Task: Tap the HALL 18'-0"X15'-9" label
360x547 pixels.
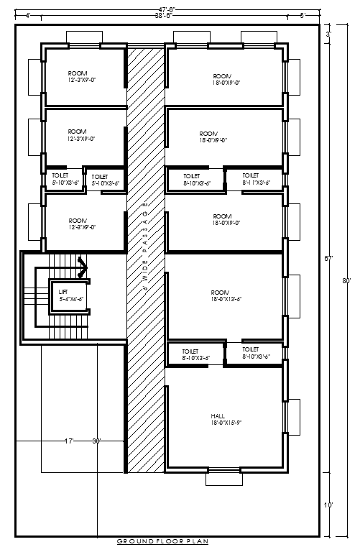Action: click(x=221, y=420)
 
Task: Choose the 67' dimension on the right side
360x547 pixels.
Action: click(x=328, y=257)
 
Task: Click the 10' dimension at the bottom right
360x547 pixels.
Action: click(x=328, y=505)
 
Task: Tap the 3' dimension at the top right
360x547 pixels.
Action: click(x=328, y=34)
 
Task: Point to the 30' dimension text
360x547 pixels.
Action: click(x=96, y=440)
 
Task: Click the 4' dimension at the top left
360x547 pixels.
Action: click(x=27, y=15)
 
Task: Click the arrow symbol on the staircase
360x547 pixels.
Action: click(x=83, y=267)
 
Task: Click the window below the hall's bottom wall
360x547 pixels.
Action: click(x=224, y=478)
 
